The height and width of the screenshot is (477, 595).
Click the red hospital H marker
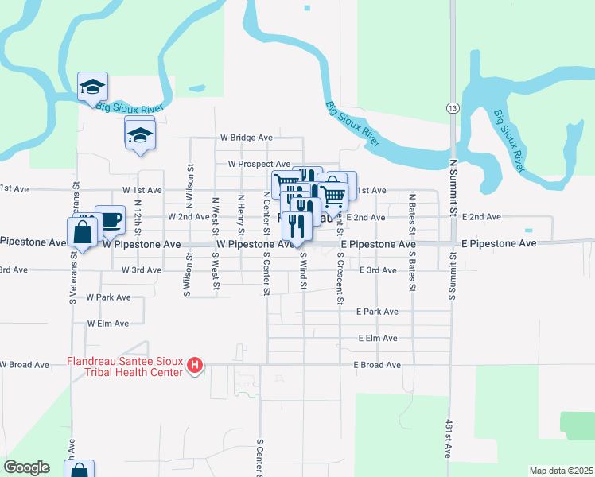(x=195, y=366)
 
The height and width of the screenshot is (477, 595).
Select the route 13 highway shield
(x=451, y=107)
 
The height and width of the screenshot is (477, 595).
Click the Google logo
(x=26, y=467)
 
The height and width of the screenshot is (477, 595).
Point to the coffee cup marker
(x=110, y=219)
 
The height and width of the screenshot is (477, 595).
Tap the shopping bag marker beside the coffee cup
(x=82, y=232)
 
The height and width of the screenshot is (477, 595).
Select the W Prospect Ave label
(x=259, y=164)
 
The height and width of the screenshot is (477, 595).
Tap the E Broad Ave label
(x=377, y=365)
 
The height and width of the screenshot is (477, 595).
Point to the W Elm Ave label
(x=108, y=324)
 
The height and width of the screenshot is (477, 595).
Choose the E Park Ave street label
(x=377, y=312)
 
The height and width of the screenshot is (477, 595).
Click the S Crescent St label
(x=340, y=279)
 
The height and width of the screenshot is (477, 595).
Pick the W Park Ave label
(x=108, y=297)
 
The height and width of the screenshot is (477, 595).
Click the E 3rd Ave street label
(x=377, y=270)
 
